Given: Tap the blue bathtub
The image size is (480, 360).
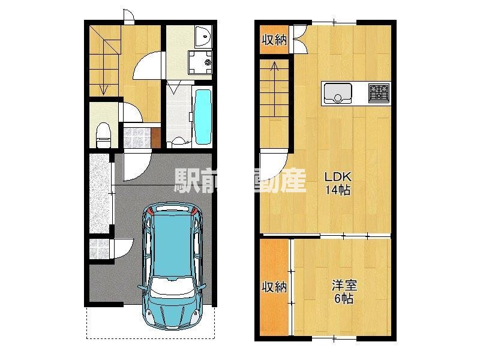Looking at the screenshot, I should (x=203, y=116).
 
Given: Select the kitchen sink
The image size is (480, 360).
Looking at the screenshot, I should (x=337, y=93).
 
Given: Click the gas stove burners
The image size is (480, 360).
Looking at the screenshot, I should (x=379, y=92).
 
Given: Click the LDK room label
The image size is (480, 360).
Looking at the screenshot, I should (x=338, y=178).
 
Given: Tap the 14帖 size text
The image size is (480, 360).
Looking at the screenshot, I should (x=338, y=191).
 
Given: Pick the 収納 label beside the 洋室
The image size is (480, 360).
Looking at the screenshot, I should (x=274, y=287).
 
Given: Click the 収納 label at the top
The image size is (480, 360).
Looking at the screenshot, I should (x=274, y=40).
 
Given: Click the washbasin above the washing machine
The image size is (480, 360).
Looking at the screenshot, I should (x=202, y=37).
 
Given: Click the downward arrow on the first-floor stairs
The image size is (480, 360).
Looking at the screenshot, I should (x=104, y=89).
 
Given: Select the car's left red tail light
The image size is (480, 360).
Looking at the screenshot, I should (x=150, y=212).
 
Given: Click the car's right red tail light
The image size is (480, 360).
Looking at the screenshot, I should (x=195, y=211).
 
